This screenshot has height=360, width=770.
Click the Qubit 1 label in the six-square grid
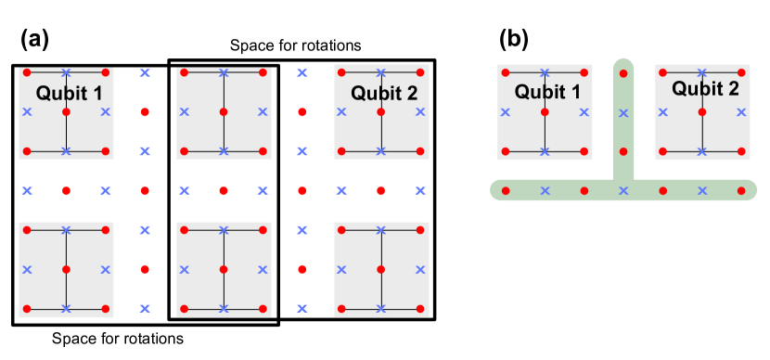click(69, 93)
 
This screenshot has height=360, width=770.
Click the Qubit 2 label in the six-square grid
click(384, 93)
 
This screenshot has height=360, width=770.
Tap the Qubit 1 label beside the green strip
click(547, 92)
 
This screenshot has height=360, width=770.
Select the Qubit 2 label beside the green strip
click(705, 89)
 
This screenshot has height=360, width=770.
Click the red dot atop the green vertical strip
click(623, 72)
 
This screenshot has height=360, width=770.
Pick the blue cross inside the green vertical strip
click(623, 112)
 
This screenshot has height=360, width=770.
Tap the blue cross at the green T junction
click(623, 191)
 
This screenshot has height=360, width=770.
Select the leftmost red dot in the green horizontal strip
click(506, 191)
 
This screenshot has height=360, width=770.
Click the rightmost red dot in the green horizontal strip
click(741, 191)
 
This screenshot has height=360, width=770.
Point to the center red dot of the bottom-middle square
click(224, 270)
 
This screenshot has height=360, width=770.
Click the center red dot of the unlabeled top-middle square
click(224, 112)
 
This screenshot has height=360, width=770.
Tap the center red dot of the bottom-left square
click(66, 270)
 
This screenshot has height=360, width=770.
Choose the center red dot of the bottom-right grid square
click(381, 270)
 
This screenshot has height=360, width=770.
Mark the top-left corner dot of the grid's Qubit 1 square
click(27, 72)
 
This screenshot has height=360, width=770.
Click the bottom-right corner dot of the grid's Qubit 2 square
click(420, 151)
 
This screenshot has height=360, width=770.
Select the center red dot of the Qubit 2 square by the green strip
click(702, 112)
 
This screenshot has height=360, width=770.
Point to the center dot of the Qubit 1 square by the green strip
click(545, 112)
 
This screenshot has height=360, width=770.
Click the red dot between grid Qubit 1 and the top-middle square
click(145, 112)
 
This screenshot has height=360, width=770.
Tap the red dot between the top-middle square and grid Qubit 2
click(302, 112)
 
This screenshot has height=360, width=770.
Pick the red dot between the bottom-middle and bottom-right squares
click(302, 270)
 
